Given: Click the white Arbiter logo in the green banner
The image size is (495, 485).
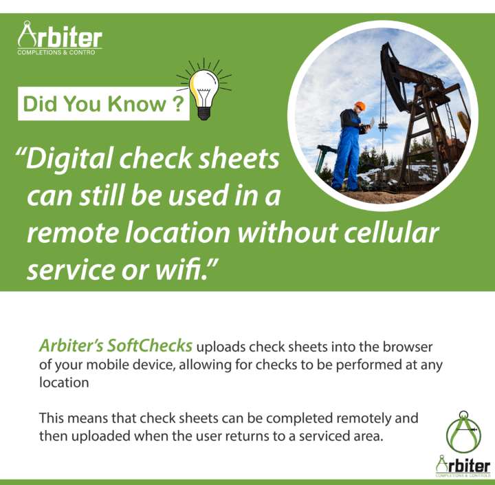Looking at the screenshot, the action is click(x=60, y=38).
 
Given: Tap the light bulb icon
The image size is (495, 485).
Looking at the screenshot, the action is click(x=204, y=89).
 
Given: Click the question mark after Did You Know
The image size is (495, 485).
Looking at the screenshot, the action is click(x=178, y=103).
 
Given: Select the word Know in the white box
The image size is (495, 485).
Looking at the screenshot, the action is click(x=137, y=103).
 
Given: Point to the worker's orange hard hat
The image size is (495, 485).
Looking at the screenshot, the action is click(x=360, y=106).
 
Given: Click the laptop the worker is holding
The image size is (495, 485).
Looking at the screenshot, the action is click(x=369, y=124).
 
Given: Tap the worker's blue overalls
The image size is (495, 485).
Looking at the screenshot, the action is click(x=346, y=151).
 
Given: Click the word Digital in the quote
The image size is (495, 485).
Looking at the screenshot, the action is click(x=69, y=159).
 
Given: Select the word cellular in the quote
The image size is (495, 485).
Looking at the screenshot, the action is click(x=391, y=233).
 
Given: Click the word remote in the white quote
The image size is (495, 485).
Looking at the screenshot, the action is click(x=73, y=233).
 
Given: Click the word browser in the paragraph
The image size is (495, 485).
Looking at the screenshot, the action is click(x=408, y=347).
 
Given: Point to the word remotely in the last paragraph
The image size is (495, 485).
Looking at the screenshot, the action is click(x=364, y=419).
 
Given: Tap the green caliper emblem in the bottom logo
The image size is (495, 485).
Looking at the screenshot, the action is click(x=463, y=431).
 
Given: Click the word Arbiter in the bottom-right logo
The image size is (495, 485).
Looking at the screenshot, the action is click(x=463, y=465).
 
